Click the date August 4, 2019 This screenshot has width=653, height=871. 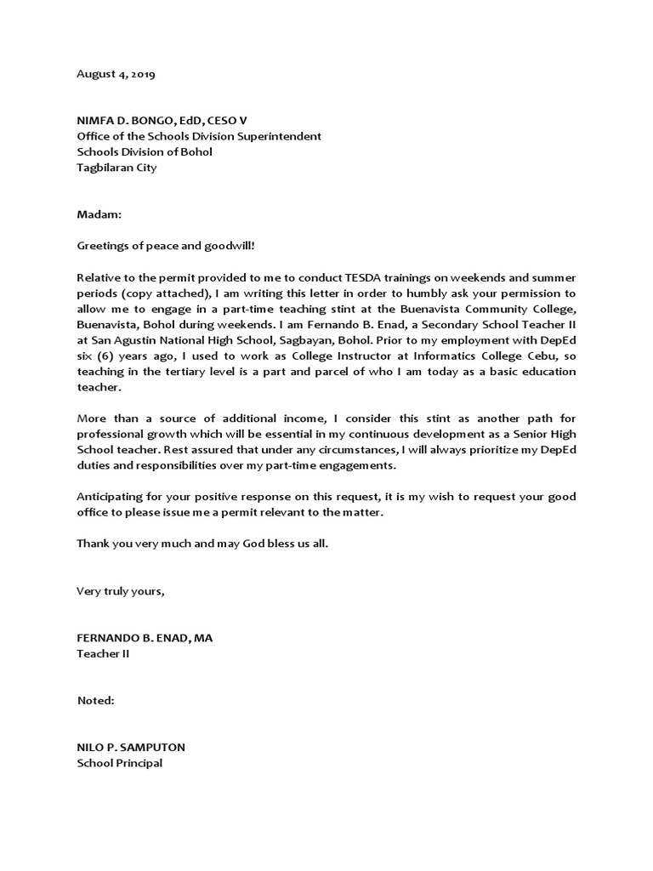tap(116, 74)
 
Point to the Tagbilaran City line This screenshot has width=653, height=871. tap(116, 168)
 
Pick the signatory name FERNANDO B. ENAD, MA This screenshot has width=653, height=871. tap(145, 638)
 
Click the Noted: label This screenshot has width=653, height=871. tap(95, 700)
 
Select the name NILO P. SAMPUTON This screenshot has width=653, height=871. tap(131, 748)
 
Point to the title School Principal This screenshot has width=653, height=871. tap(119, 763)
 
